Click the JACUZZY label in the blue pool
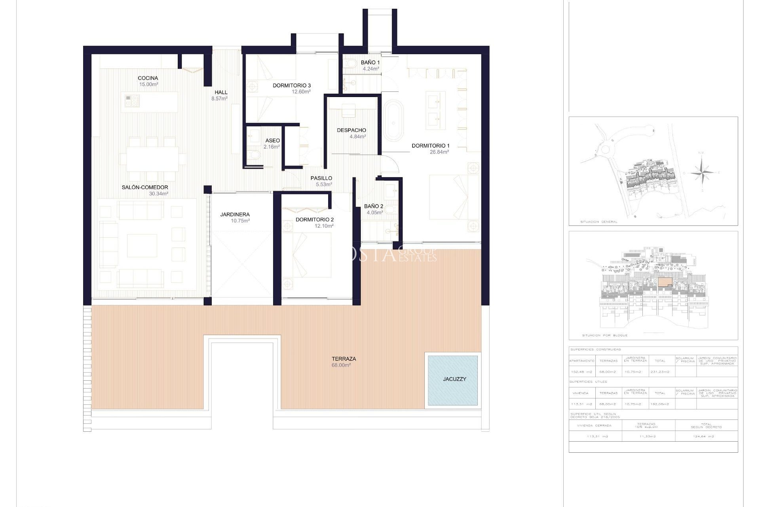pyautogui.click(x=454, y=379)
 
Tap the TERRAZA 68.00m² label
pyautogui.click(x=344, y=362)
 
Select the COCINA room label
pyautogui.click(x=148, y=81)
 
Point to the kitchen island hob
pyautogui.click(x=132, y=101)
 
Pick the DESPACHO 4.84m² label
pyautogui.click(x=351, y=133)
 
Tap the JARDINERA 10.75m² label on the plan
pyautogui.click(x=235, y=217)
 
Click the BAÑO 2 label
pyautogui.click(x=373, y=209)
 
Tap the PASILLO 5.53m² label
pyautogui.click(x=321, y=181)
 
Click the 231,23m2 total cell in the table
pyautogui.click(x=660, y=372)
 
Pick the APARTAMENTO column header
pyautogui.click(x=582, y=361)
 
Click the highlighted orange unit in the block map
pyautogui.click(x=665, y=282)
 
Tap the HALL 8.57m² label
pyautogui.click(x=220, y=95)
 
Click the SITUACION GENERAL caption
pyautogui.click(x=598, y=222)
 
